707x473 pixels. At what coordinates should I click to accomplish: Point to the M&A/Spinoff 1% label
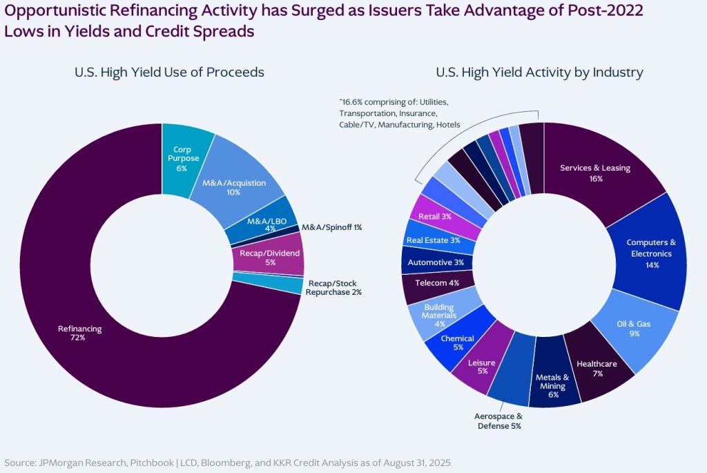coord(332,227)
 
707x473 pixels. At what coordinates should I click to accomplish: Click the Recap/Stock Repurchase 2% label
coord(335,288)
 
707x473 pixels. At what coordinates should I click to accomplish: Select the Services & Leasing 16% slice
coord(594,173)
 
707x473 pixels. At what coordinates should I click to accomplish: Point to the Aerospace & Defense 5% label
coord(498,421)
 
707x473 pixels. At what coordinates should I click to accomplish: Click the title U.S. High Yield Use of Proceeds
coord(169,73)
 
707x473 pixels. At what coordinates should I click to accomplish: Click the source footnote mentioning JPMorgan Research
coord(228,461)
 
